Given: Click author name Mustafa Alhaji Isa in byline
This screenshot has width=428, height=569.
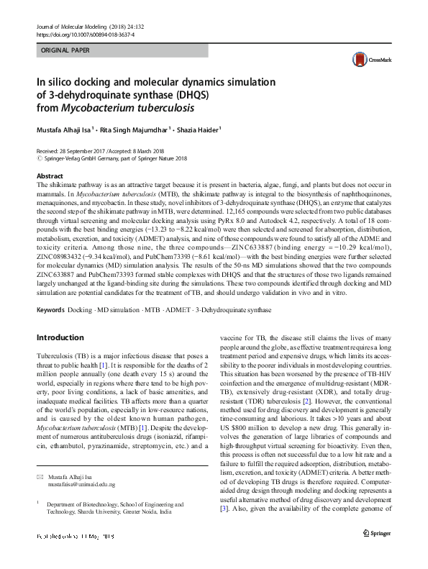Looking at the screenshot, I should (67, 129).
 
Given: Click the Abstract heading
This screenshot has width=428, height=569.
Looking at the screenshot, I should (49, 176).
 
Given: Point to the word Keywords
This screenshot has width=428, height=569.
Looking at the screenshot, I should (50, 310).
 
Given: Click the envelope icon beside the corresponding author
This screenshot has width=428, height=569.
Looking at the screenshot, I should (40, 478).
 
